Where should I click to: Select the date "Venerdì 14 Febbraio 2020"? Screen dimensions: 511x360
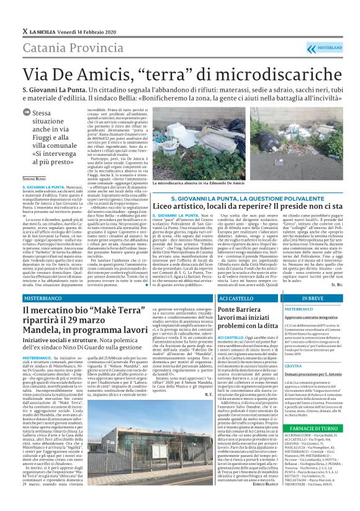[x=84, y=30]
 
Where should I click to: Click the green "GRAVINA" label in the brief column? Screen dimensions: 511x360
[x=294, y=366]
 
